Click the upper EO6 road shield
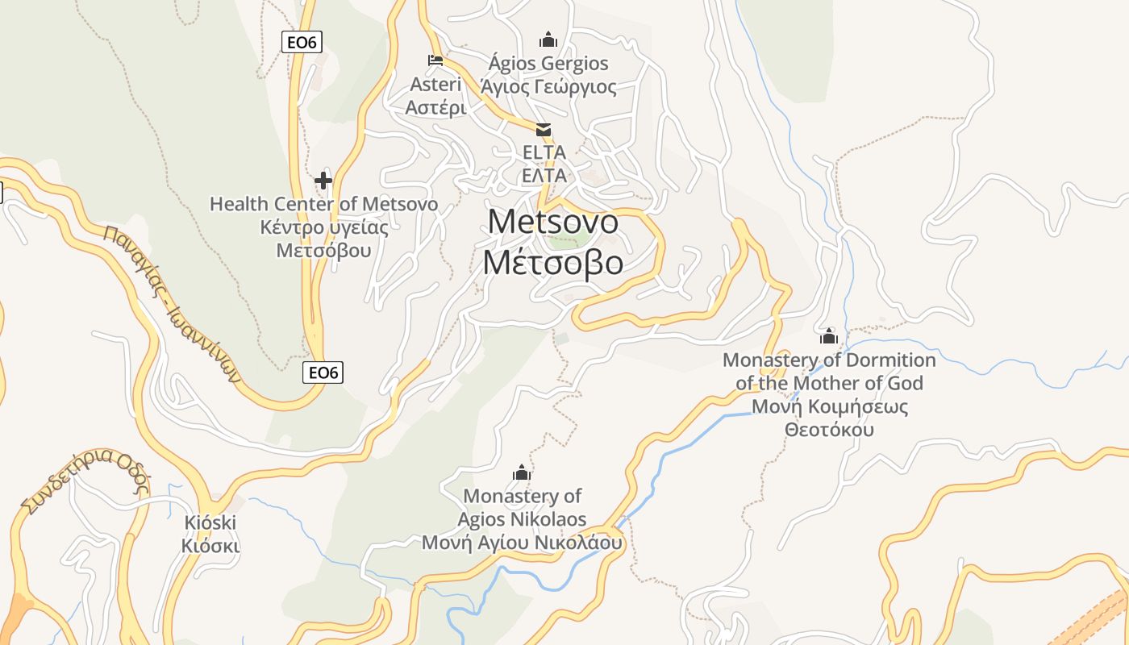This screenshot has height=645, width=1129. (x=302, y=42)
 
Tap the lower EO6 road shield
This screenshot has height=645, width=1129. (x=323, y=372)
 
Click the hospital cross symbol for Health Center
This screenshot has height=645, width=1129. (x=323, y=180)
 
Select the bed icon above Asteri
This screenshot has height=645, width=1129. (x=435, y=60)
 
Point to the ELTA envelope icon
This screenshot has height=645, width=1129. (x=544, y=129)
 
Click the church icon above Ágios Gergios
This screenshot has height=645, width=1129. (x=548, y=39)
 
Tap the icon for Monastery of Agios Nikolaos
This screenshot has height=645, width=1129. (x=522, y=472)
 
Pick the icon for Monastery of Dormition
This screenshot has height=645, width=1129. (x=829, y=335)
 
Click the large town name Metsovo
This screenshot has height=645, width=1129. (x=553, y=222)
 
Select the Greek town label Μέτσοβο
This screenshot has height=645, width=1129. (x=553, y=263)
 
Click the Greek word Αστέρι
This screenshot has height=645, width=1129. (x=435, y=107)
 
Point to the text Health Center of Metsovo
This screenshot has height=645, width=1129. (x=323, y=204)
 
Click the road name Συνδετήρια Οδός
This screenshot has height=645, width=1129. (x=85, y=480)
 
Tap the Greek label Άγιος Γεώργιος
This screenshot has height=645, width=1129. (x=548, y=87)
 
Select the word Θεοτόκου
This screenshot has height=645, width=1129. (x=829, y=430)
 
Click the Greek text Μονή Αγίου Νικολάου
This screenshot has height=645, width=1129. (x=522, y=543)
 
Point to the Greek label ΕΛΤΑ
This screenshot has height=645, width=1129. (x=544, y=174)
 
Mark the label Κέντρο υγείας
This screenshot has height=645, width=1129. (x=323, y=227)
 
